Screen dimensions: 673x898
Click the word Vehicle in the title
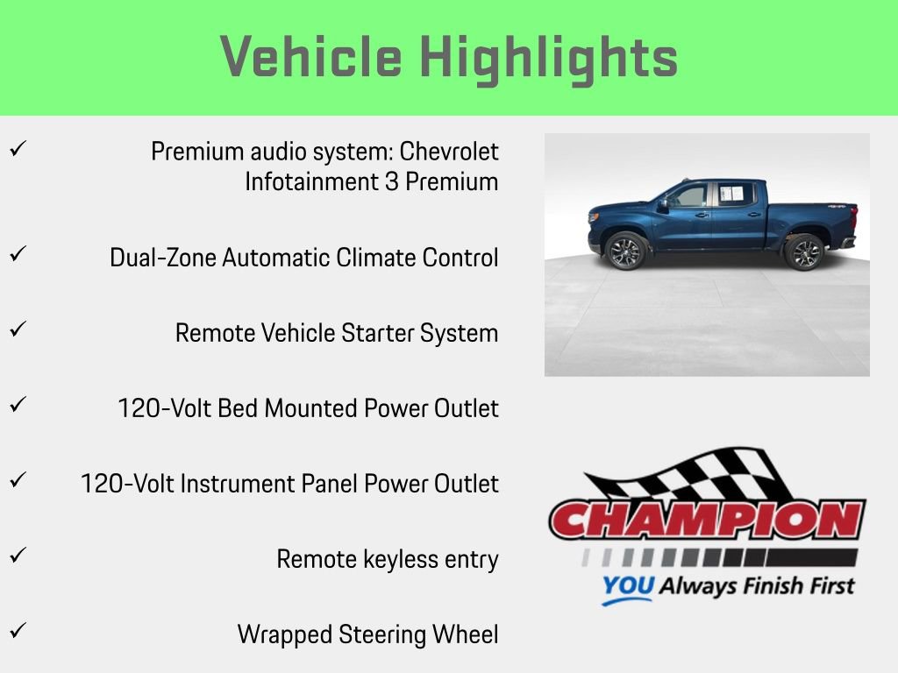[x=311, y=57]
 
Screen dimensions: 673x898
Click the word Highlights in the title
[x=548, y=57]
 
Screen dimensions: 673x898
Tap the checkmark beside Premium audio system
[x=17, y=150]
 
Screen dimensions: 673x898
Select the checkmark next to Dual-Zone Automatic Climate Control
[x=17, y=255]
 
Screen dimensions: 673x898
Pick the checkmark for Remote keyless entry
[x=17, y=555]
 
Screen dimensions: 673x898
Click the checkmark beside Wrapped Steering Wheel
[x=17, y=630]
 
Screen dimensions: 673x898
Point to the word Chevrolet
[x=449, y=152]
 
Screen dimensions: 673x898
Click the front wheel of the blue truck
[x=626, y=251]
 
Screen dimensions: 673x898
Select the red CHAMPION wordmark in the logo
[x=706, y=521]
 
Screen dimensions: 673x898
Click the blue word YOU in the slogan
[x=627, y=586]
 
